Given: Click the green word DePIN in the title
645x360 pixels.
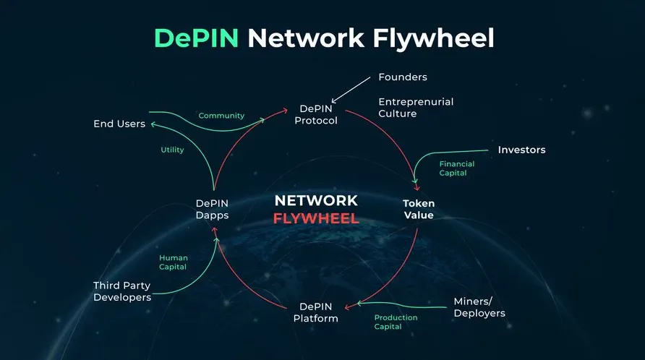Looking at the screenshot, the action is point(196,38).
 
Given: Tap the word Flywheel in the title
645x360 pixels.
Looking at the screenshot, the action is point(433,39).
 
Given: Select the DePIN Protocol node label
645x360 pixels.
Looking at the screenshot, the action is point(316,114).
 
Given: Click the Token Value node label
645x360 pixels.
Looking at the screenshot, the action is point(419,209).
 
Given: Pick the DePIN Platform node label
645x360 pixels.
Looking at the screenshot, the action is point(315,312).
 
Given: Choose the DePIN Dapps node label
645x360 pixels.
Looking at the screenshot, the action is point(213,209).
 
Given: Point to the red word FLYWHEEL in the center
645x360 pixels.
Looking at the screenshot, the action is point(316,218).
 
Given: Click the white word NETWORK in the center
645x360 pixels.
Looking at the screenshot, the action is point(316,201).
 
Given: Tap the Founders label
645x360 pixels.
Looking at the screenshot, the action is point(403,77).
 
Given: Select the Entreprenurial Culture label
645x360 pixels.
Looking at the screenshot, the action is point(416,108).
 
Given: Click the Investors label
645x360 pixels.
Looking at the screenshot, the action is point(521,150).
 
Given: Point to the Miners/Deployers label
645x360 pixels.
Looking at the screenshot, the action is point(479,307).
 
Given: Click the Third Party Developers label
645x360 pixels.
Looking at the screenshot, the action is point(122,291).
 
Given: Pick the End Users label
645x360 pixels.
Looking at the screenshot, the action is point(119,124).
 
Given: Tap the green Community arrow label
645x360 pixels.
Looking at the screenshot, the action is point(221,116).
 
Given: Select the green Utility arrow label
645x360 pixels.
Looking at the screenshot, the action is point(172,150).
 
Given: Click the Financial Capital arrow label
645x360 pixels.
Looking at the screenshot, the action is point(456,168).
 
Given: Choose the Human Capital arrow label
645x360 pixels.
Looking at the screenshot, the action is point(173,262).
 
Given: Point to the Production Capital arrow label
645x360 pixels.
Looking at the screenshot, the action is point(396,322).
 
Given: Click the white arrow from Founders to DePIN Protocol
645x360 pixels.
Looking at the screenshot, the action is point(351,90).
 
